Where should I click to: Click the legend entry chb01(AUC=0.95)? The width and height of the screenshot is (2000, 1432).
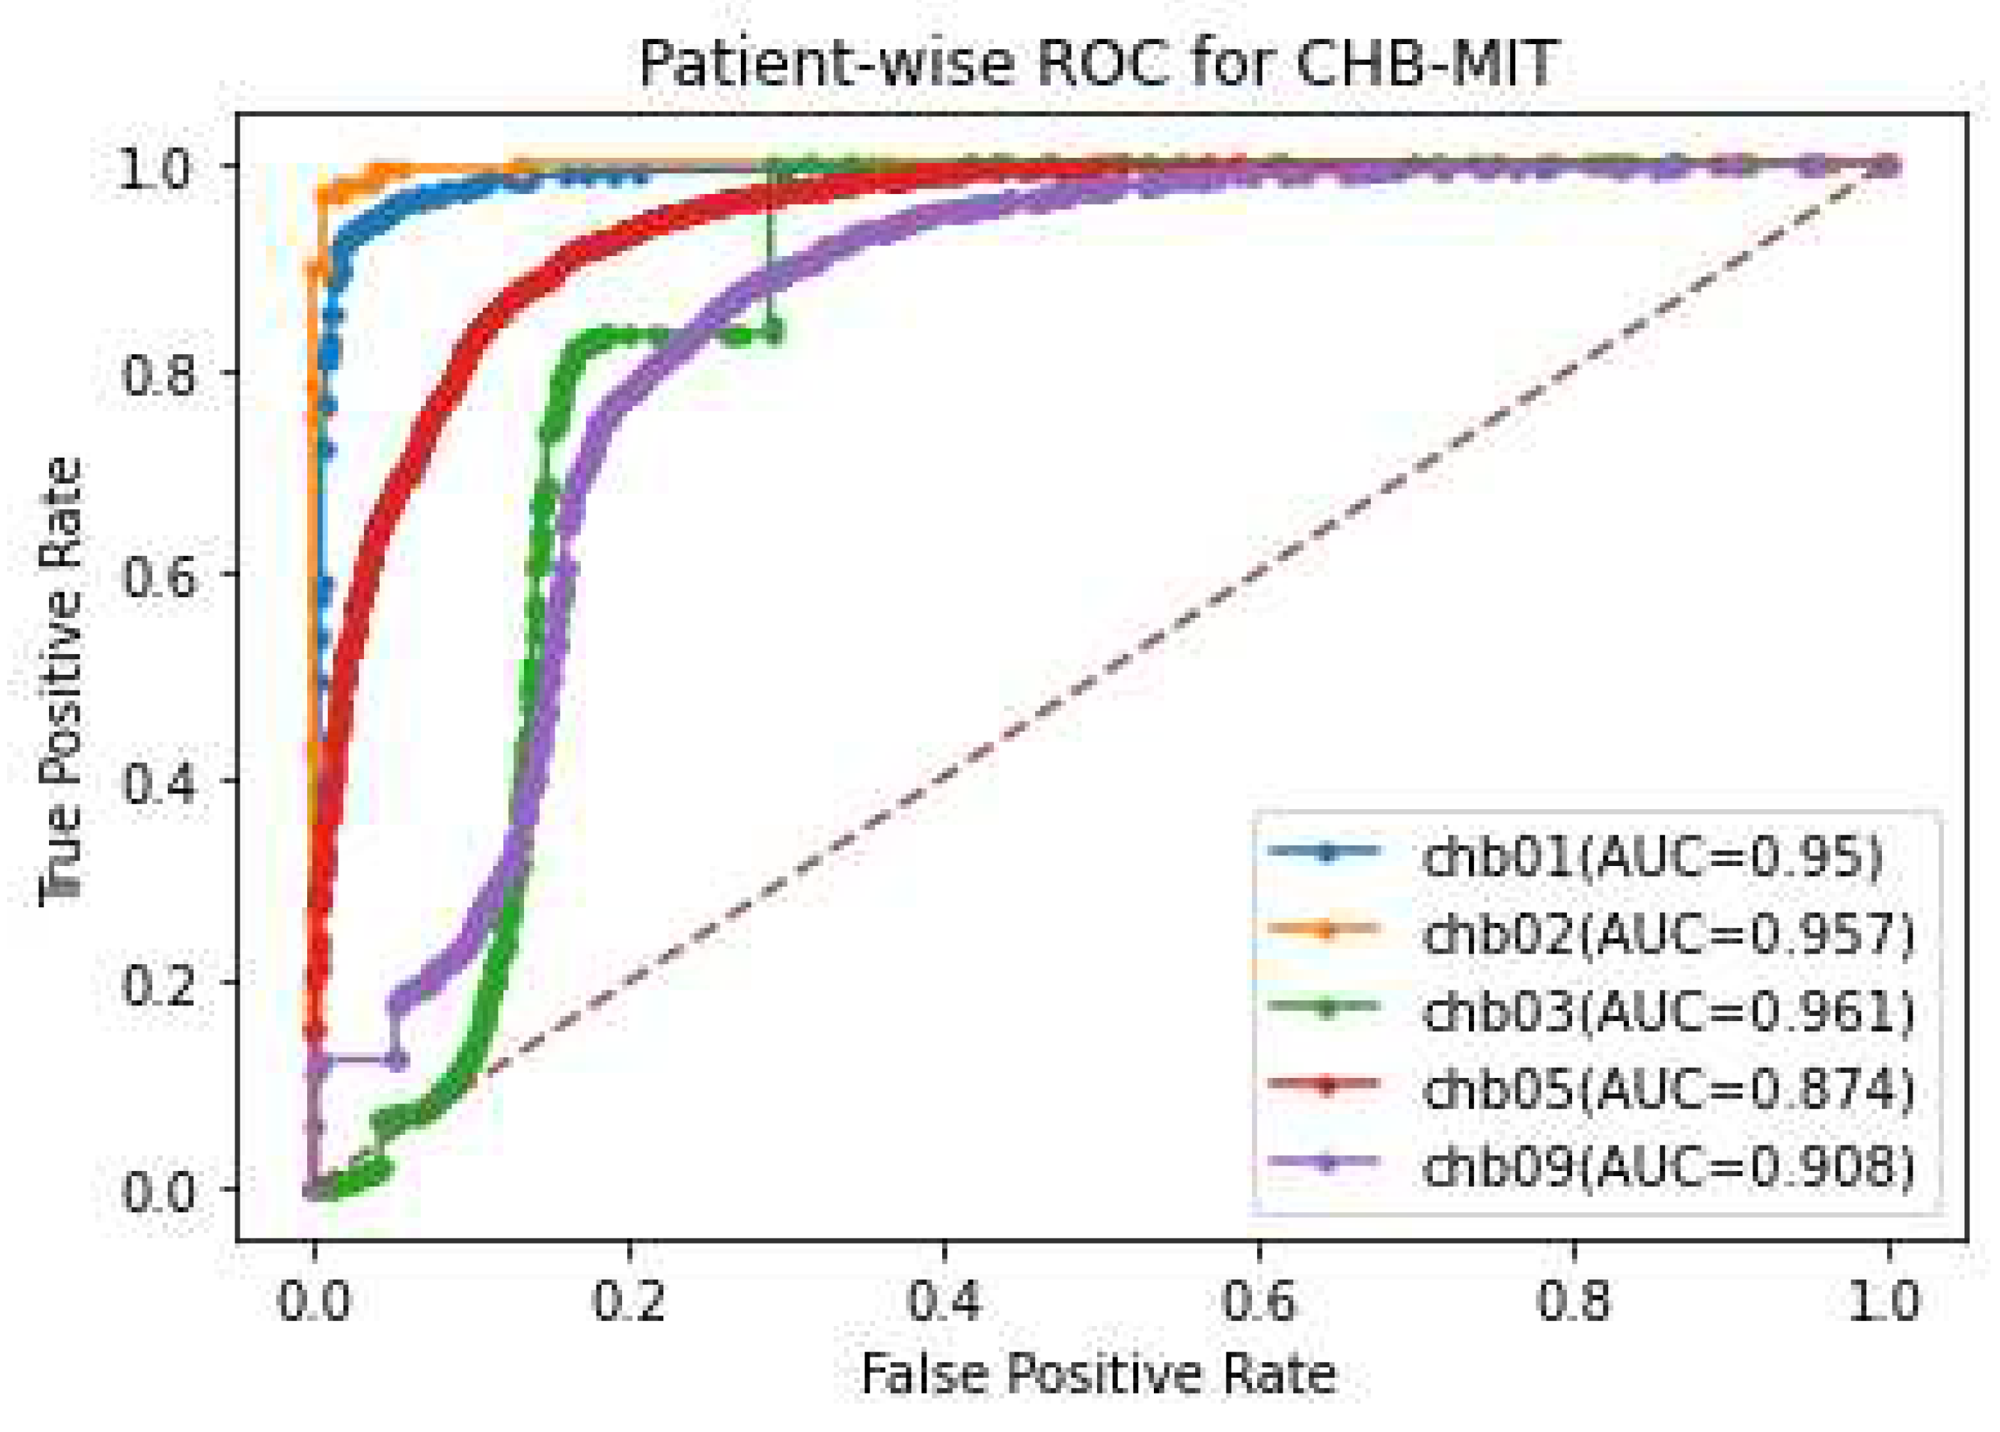tap(1652, 855)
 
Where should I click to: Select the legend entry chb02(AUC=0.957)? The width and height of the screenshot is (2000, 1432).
tap(1669, 932)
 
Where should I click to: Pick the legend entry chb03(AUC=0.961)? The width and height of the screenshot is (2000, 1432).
tap(1669, 1010)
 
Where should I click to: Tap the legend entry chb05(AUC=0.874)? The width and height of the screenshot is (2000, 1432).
tap(1669, 1088)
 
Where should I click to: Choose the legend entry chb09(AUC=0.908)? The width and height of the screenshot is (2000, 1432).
tap(1669, 1165)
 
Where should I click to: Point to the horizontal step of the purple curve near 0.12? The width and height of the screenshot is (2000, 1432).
tap(357, 1058)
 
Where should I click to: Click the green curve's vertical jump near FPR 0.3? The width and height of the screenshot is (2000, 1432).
tap(771, 256)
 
